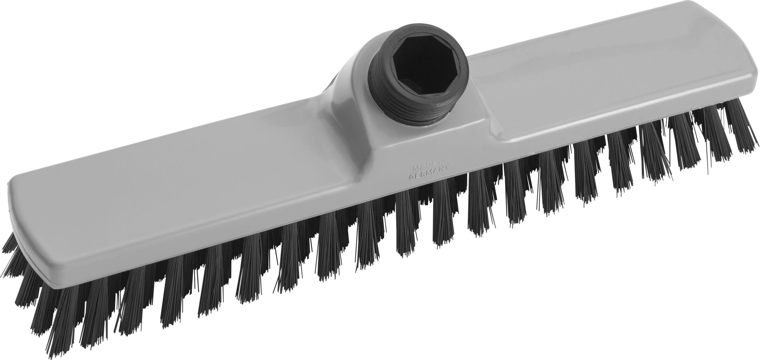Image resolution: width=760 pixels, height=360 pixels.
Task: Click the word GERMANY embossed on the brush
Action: tap(429, 173)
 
